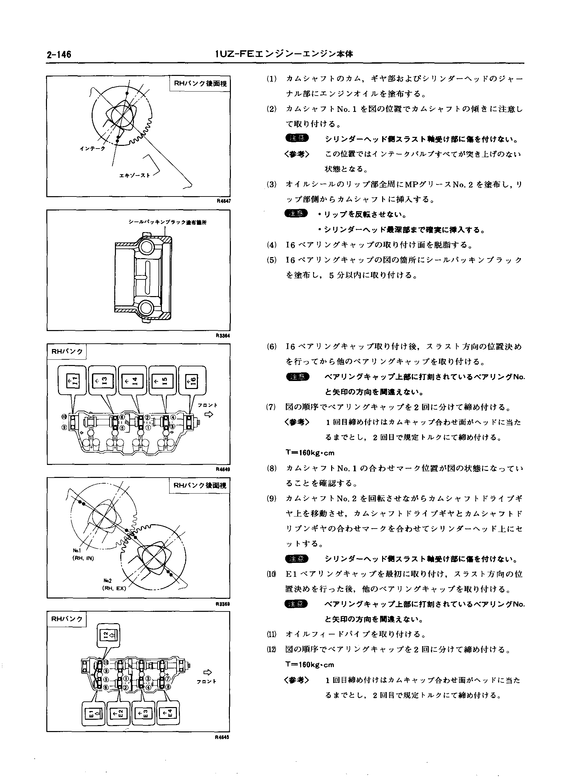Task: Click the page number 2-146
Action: point(59,55)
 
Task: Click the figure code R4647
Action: point(224,201)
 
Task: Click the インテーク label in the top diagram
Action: point(92,149)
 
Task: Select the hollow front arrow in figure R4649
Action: point(209,415)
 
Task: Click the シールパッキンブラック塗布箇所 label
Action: point(167,222)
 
